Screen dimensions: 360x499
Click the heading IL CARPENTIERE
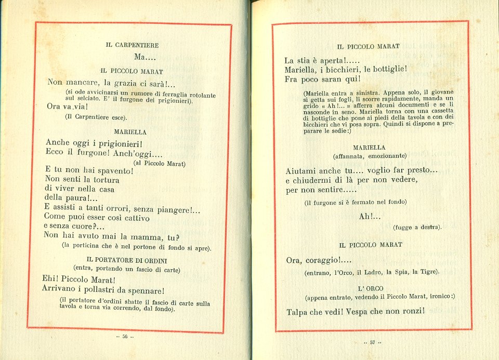132,45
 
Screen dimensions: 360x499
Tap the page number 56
125,337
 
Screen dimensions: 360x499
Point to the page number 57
372,342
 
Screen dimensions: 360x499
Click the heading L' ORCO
371,288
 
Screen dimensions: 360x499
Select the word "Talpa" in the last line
299,312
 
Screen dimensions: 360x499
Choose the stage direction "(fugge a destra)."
417,227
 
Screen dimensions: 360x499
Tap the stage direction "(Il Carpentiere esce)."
96,117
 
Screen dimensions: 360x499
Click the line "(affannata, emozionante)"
369,156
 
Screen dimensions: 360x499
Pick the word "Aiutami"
304,170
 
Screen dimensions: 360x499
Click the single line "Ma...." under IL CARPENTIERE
145,57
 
